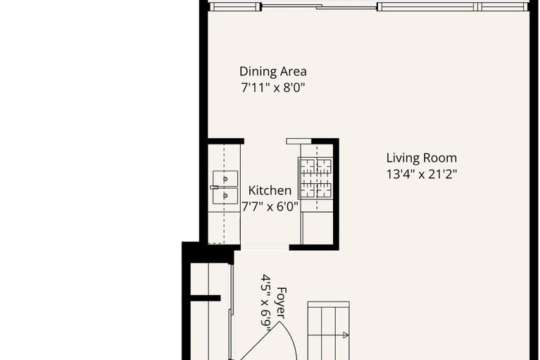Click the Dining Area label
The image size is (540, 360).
point(272,71)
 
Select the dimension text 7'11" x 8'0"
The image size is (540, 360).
point(272,88)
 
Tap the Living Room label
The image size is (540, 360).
point(421,158)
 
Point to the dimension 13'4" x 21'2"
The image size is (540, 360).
point(421,175)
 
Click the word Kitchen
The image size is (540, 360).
point(270,191)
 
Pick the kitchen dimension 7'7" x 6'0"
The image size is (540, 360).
point(270,207)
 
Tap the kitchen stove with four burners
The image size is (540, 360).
point(315,178)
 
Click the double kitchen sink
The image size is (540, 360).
point(225,187)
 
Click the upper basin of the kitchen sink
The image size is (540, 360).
point(226,178)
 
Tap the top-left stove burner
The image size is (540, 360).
point(308,167)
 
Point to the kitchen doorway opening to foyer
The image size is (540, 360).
point(265,247)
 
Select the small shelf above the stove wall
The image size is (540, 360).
point(299,142)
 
